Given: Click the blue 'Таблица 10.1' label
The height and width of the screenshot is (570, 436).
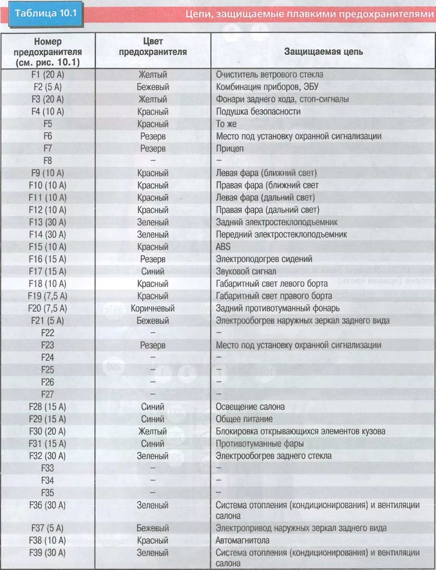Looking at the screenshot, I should tap(45, 14).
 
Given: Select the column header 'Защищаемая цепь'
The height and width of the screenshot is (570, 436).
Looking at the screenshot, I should tap(323, 52).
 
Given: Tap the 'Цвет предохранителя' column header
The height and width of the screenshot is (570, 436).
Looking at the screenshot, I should tap(153, 47).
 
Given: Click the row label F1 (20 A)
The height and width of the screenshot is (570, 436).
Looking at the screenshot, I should tap(48, 75).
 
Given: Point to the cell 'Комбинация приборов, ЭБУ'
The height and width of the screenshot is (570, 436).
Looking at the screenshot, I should tap(267, 87).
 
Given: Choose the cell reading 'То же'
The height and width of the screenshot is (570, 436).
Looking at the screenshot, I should tap(226, 124).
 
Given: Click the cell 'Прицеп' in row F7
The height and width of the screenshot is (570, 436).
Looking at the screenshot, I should tap(230, 148).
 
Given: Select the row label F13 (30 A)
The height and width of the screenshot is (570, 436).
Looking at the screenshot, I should tap(48, 222).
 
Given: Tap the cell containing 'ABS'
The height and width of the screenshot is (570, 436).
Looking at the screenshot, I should tap(223, 247).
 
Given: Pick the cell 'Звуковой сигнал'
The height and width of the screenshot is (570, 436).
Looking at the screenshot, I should tap(246, 271).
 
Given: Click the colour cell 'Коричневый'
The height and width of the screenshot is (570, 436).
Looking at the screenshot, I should tap(153, 308).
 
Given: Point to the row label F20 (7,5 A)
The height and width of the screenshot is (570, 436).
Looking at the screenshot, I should tap(48, 308).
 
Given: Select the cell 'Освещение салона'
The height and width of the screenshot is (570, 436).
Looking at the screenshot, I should tap(250, 407).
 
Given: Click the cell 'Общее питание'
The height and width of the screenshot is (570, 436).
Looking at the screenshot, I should tap(244, 419).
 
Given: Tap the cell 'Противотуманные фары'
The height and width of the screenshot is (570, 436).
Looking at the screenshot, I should tap(260, 444).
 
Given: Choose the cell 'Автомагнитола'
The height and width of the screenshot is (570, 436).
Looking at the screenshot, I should tap(242, 540).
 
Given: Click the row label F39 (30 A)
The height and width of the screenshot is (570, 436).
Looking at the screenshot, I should tap(48, 553).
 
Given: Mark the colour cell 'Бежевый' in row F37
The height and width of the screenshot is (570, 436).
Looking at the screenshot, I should tap(153, 528).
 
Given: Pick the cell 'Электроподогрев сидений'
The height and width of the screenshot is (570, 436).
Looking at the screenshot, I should tap(264, 259).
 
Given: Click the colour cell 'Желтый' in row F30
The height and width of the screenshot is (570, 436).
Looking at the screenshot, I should tap(153, 431).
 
